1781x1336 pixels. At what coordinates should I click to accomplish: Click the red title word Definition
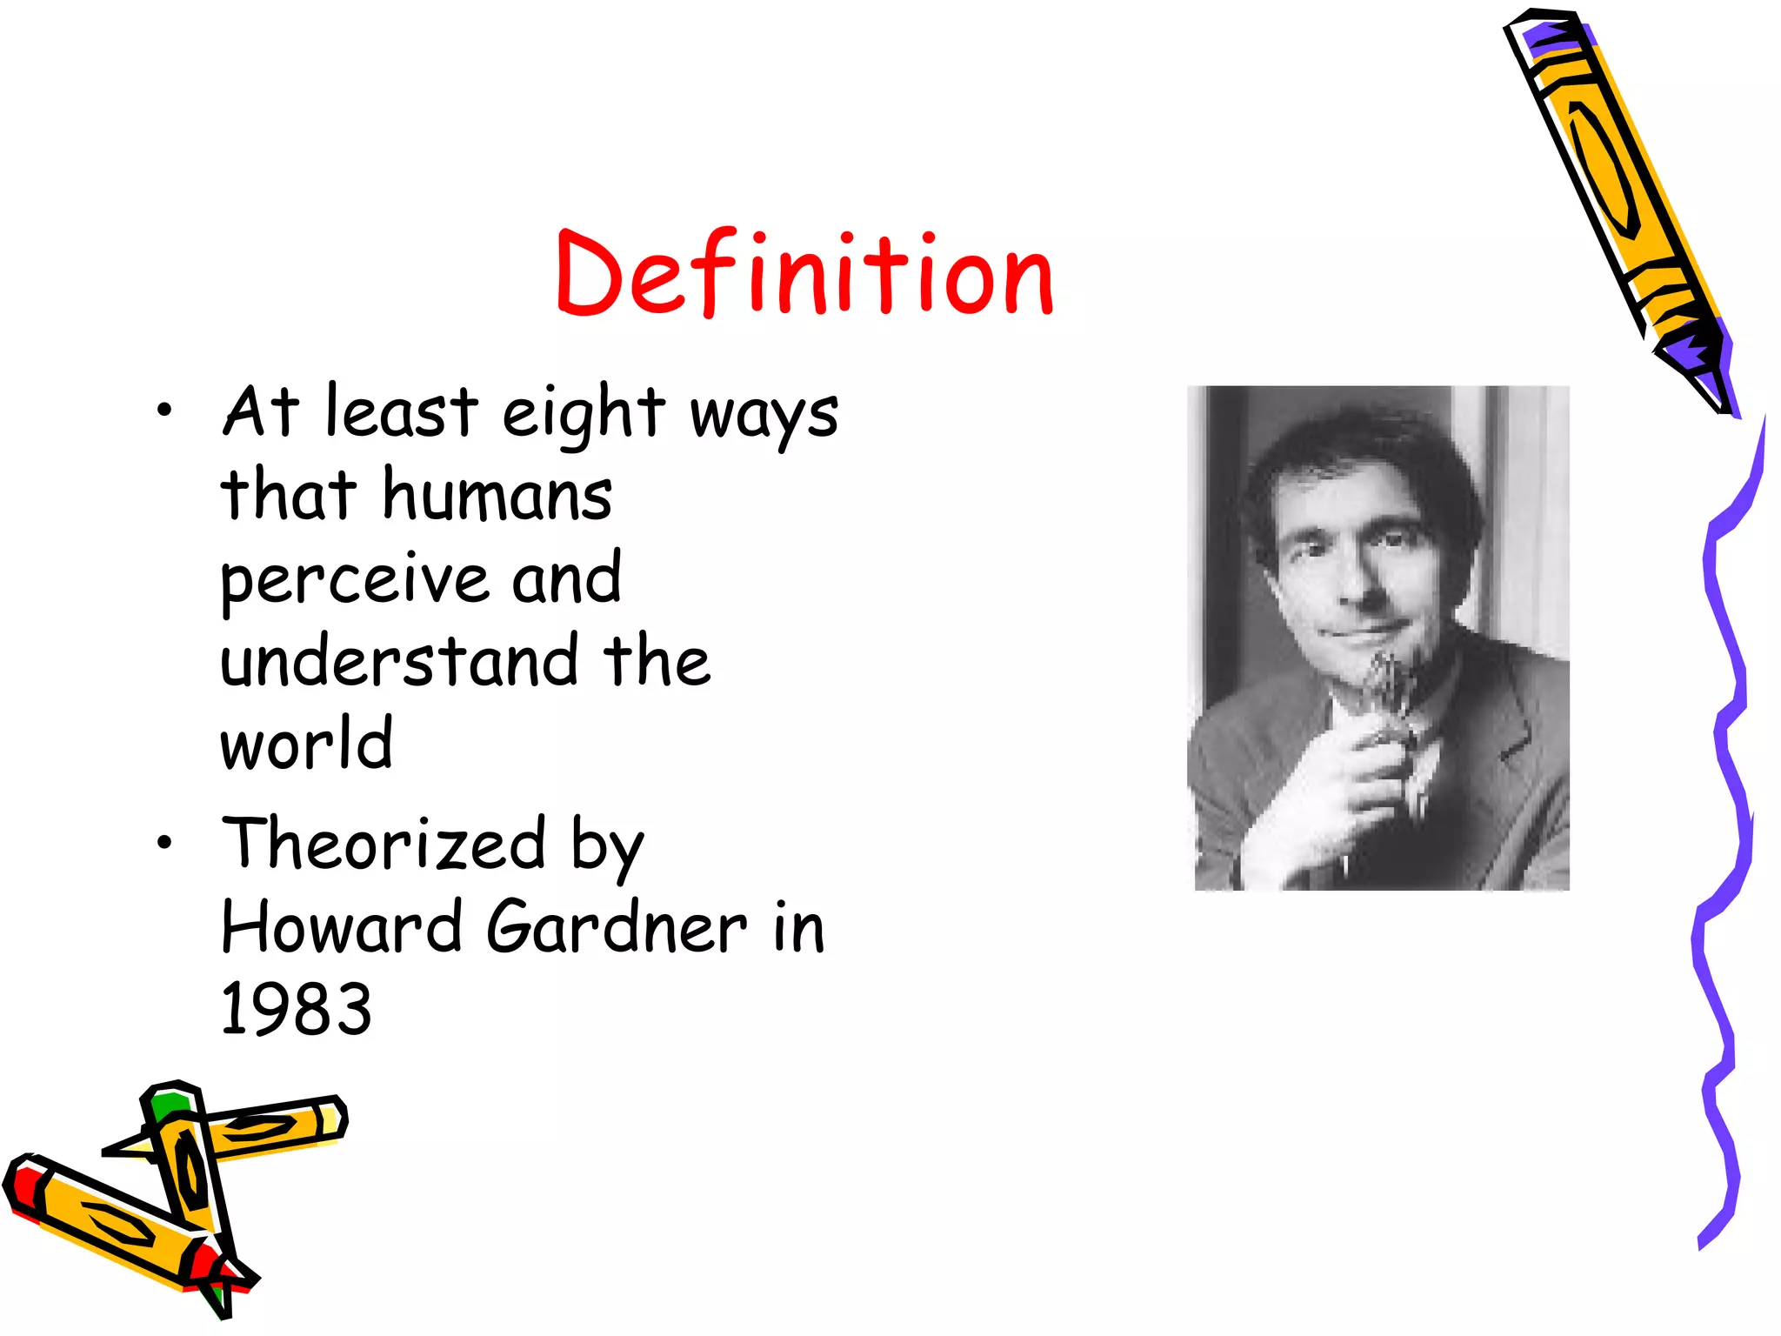804,274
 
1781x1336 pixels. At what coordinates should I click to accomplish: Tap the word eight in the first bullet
584,413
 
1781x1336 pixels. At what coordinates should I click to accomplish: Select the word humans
497,495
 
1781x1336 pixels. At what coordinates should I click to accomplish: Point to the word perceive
355,580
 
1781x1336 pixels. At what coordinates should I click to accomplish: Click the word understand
399,661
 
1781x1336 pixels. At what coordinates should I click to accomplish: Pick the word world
307,744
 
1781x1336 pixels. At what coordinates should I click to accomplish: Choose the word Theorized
384,844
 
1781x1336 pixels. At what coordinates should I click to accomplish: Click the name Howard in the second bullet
341,927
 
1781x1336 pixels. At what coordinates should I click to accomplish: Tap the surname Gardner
617,927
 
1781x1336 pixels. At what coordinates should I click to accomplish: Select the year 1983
297,1010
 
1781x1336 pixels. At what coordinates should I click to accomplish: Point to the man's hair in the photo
1357,461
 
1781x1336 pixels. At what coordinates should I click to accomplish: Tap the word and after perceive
566,578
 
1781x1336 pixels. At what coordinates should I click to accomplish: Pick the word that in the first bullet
289,495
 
